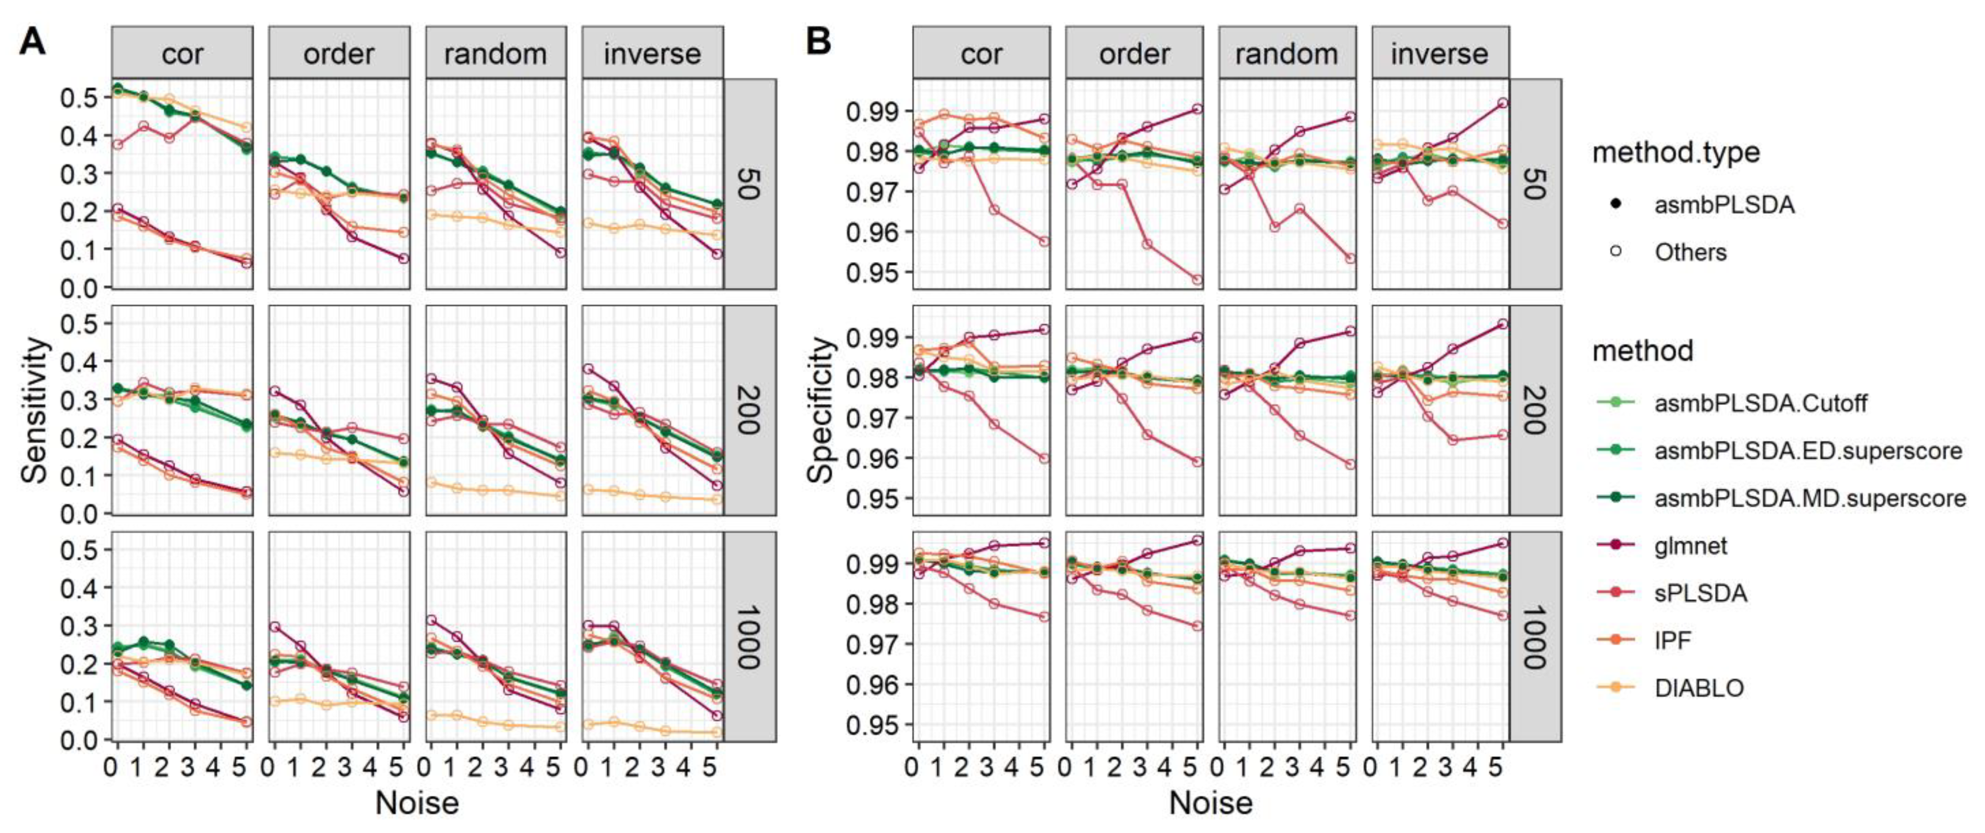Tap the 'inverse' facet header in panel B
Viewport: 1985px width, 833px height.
tap(1440, 53)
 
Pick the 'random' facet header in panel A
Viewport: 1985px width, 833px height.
tap(495, 53)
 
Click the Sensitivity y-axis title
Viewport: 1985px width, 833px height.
tap(35, 410)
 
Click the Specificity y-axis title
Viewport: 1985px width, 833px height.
tap(822, 410)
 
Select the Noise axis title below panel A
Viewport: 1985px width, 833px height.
tap(417, 803)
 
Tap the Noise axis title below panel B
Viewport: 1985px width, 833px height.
tap(1211, 803)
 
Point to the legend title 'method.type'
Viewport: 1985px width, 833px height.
tap(1676, 153)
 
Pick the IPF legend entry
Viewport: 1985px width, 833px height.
tap(1672, 640)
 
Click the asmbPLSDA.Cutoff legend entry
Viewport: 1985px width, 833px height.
tap(1761, 402)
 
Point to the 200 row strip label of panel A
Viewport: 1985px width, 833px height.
tap(748, 410)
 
